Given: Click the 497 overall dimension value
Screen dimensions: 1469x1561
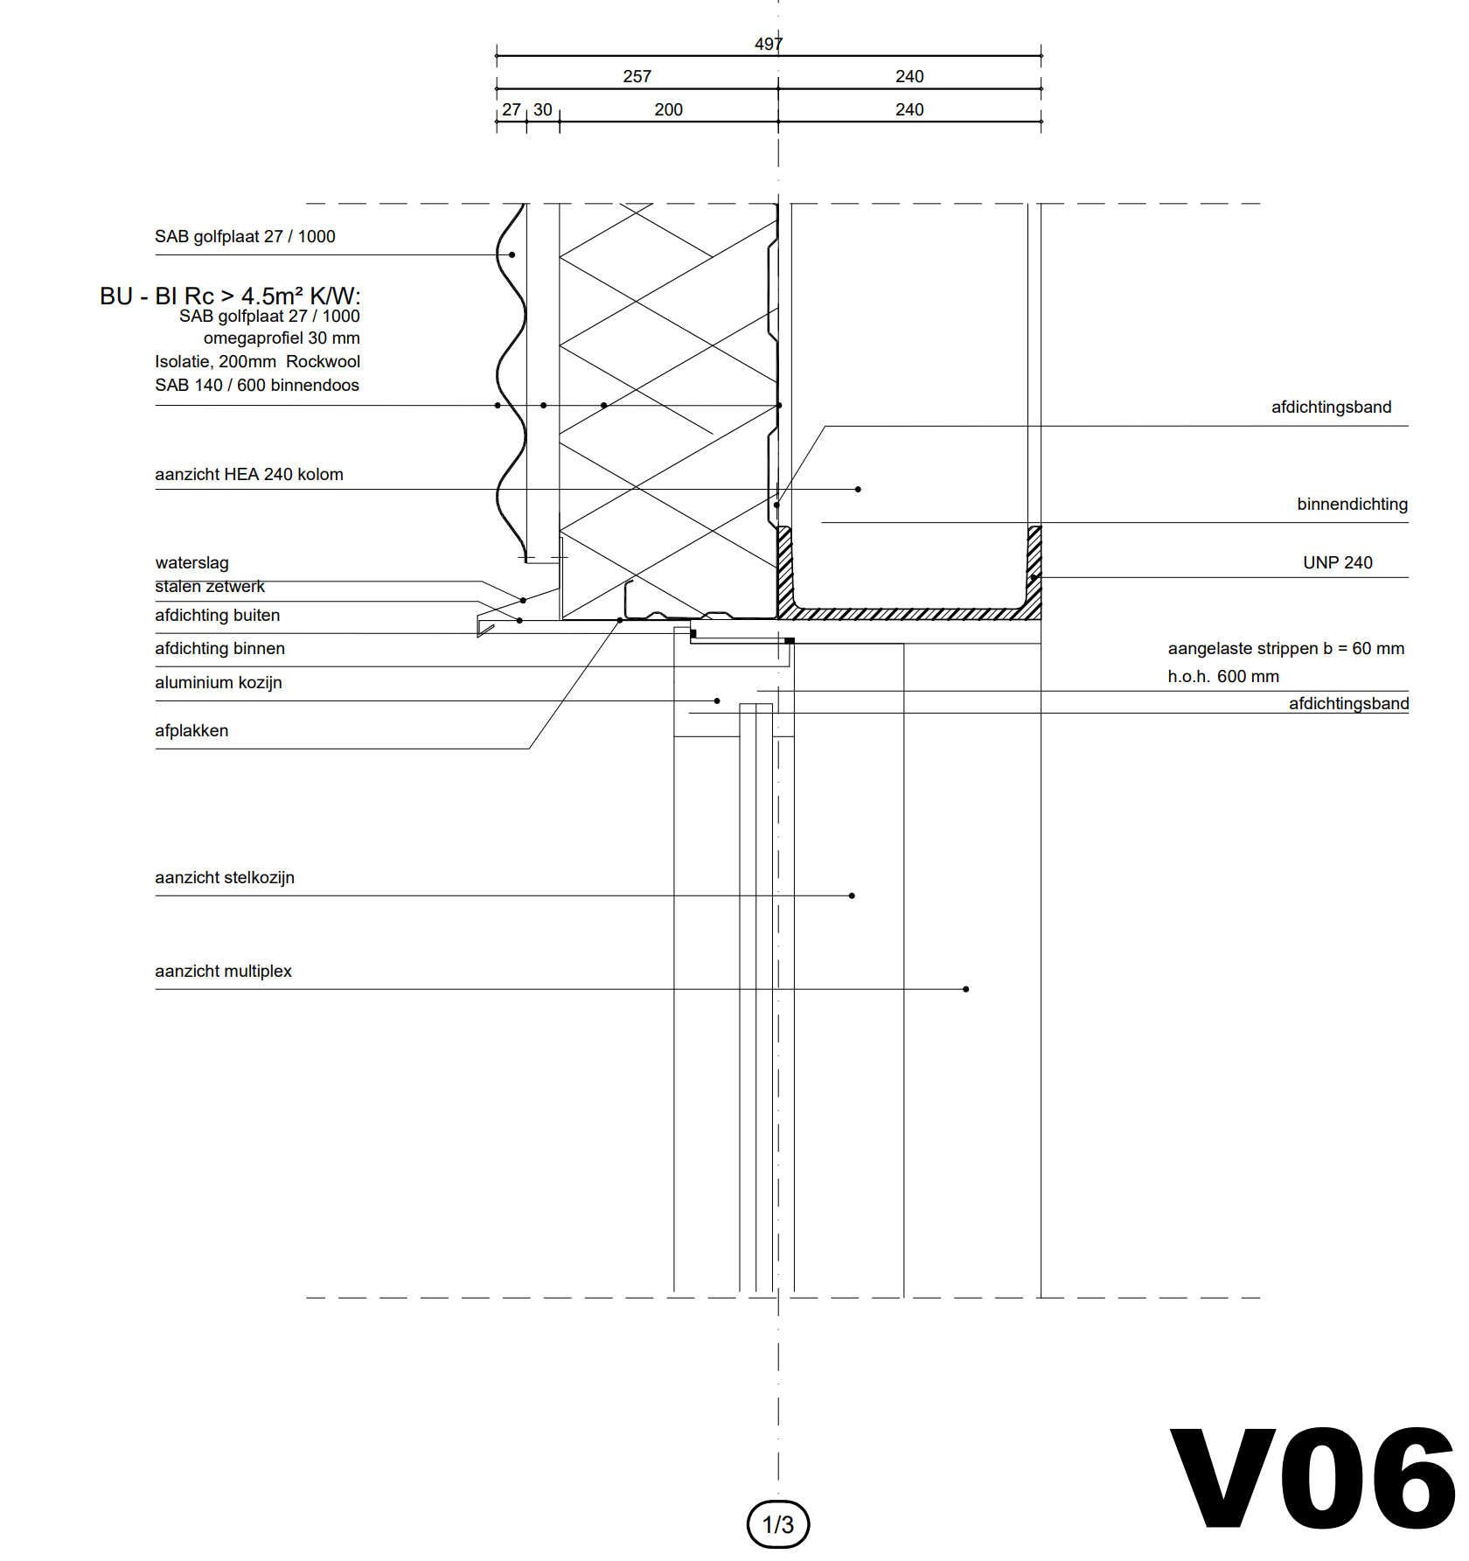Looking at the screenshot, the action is [x=769, y=44].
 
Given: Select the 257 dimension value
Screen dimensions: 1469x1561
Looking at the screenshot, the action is [x=637, y=77].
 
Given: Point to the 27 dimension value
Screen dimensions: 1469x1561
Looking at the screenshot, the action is [x=512, y=110].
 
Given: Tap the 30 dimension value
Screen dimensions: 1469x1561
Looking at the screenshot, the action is [x=543, y=110].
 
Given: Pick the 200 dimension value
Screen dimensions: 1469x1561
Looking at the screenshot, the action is [x=669, y=110].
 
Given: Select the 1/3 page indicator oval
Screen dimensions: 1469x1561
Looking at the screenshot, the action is [x=778, y=1524].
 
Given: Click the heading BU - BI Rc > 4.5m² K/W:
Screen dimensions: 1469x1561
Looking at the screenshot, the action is [x=230, y=296].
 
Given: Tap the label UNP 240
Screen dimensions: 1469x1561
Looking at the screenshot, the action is [x=1338, y=563].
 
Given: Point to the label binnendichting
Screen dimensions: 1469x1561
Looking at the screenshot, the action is [x=1353, y=505].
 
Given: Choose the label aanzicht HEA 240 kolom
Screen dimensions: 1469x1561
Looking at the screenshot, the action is [x=249, y=475].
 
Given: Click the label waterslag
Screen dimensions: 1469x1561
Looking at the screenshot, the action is [x=192, y=563].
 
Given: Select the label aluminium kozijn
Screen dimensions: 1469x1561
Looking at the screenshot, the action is [x=219, y=683].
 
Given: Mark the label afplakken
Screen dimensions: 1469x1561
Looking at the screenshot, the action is [x=191, y=731].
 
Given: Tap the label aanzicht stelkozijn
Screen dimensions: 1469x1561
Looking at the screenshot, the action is [x=225, y=878].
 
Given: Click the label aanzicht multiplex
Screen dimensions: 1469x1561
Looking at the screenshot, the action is [x=224, y=972].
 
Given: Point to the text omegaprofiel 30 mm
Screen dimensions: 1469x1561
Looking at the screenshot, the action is [x=282, y=338].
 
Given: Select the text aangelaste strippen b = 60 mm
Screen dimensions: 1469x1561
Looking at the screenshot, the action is [x=1286, y=649].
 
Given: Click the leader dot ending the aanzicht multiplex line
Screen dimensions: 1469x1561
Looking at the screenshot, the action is [x=966, y=989].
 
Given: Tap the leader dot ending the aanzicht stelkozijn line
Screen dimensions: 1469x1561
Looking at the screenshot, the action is [x=852, y=895].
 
